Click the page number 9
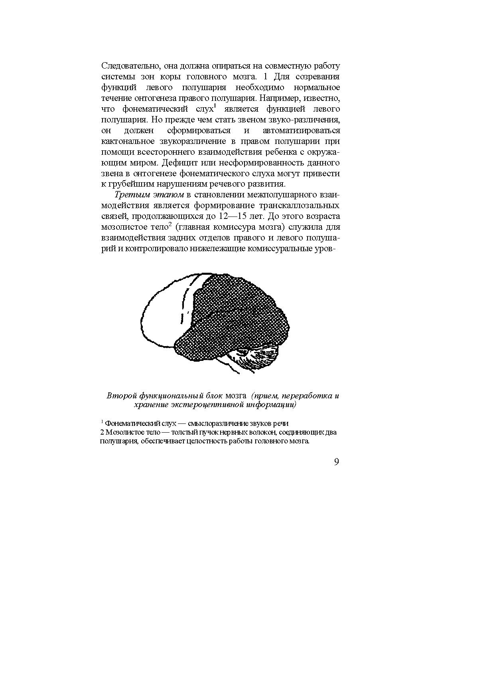coord(336,462)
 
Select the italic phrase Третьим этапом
coord(149,195)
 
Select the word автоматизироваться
coord(302,130)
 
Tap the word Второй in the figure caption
coord(121,396)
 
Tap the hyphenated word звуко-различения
coord(305,120)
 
